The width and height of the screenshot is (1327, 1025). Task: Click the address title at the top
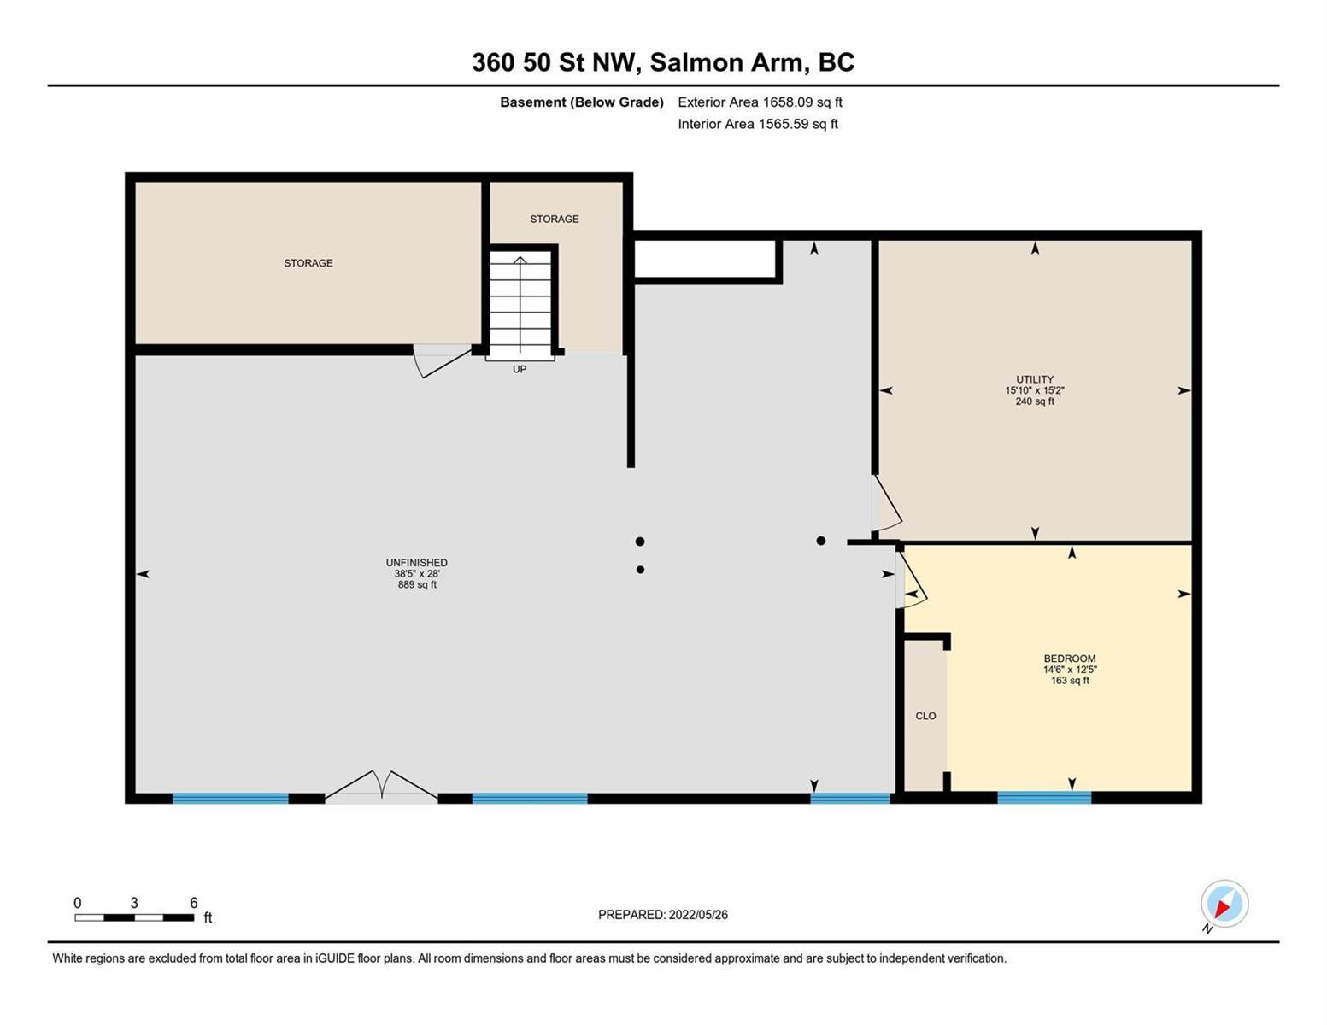[662, 62]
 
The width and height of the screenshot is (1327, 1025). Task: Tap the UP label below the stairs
[519, 369]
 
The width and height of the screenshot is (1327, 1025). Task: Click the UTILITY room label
[1035, 379]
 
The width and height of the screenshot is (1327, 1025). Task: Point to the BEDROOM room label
[1069, 658]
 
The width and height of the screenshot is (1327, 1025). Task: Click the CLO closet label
[925, 716]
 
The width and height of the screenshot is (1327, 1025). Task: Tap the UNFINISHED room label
[416, 562]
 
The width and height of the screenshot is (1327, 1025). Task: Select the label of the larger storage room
[308, 263]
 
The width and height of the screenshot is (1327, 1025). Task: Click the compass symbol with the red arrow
[1224, 904]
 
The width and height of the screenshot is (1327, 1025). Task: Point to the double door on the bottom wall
[381, 785]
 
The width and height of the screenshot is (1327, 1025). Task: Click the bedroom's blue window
[1043, 797]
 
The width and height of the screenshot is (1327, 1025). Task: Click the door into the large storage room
[442, 360]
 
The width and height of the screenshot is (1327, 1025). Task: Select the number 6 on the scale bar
[194, 902]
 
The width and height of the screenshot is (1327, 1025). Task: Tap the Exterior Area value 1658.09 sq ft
[802, 102]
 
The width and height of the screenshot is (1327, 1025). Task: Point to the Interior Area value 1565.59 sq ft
[798, 124]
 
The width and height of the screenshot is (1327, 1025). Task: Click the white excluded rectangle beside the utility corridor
[705, 259]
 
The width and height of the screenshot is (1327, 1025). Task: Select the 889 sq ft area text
[417, 584]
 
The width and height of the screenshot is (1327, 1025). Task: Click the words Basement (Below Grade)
[581, 102]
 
